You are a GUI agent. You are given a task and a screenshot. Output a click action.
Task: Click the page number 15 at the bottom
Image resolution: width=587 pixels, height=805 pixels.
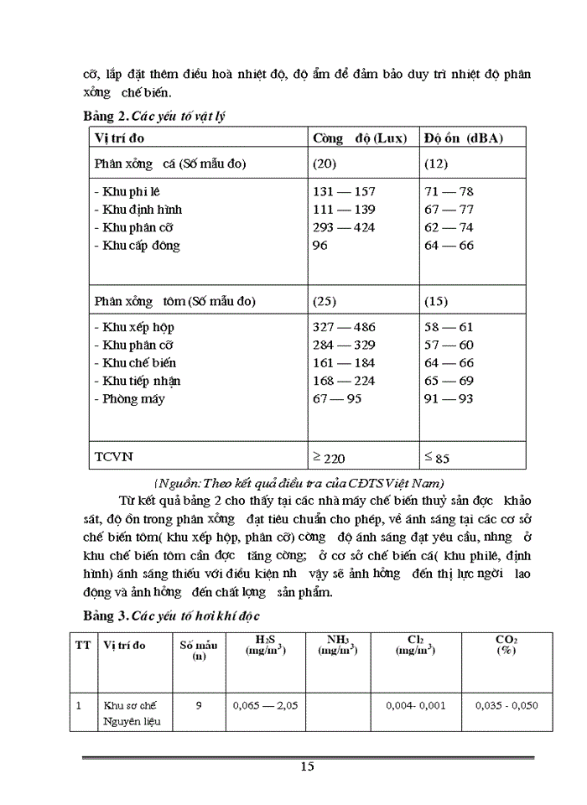[x=306, y=766]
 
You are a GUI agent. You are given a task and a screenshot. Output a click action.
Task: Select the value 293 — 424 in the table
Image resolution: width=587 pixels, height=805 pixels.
[x=344, y=227]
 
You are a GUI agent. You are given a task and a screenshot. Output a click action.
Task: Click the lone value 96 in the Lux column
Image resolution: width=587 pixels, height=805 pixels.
[x=320, y=246]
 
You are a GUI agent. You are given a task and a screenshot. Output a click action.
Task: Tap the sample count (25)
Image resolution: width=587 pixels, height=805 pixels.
[x=325, y=300]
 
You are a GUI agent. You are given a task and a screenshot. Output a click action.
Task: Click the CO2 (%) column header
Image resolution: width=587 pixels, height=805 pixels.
[x=506, y=644]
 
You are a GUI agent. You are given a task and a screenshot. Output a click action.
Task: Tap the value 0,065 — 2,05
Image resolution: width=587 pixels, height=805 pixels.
[x=266, y=705]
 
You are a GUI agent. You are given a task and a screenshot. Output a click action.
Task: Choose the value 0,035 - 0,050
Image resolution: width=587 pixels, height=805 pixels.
[x=506, y=705]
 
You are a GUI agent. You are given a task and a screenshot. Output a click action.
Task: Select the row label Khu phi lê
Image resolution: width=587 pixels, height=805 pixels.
[x=127, y=191]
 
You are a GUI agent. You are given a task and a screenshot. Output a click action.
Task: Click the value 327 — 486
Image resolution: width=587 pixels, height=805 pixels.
[x=344, y=327]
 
